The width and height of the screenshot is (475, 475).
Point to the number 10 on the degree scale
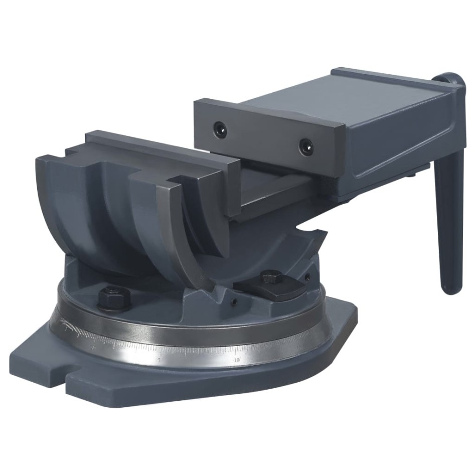pyautogui.click(x=237, y=359)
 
